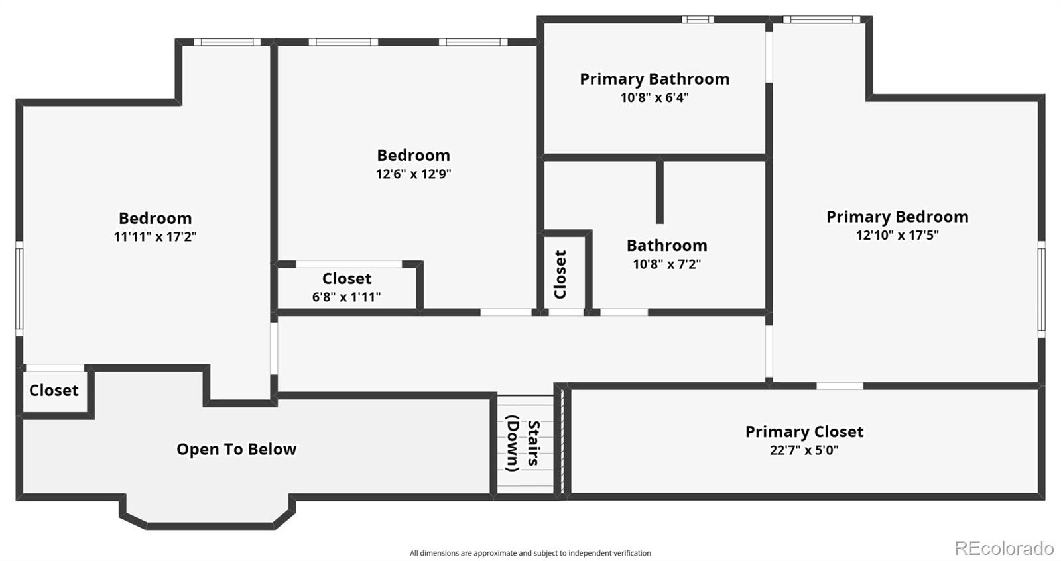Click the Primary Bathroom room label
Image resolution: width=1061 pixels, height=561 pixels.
point(655,79)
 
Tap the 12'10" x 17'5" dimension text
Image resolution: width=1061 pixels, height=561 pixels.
point(897,235)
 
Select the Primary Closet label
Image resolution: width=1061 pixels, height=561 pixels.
point(804,431)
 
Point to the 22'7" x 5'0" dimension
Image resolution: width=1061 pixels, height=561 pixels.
point(804,450)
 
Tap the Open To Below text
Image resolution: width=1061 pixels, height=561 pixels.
point(236,449)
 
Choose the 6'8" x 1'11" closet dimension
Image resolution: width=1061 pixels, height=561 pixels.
point(346,297)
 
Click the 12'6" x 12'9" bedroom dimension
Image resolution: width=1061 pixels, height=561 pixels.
point(414,174)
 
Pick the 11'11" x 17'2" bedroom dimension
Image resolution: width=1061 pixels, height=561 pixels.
point(155,236)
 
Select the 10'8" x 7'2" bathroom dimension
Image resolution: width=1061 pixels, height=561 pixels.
point(667,264)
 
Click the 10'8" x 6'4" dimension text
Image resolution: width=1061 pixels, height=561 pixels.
point(655,97)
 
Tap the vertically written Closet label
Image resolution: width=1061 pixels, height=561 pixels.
point(560,274)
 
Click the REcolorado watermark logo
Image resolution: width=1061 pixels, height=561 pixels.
point(1004,548)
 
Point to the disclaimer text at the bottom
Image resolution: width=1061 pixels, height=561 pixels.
point(530,553)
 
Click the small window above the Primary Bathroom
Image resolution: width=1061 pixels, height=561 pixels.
point(698,19)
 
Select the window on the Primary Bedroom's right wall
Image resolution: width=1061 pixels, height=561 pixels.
point(1042,289)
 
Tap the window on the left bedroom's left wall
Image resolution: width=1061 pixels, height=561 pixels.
point(19,289)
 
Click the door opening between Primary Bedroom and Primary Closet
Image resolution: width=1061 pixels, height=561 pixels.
point(840,386)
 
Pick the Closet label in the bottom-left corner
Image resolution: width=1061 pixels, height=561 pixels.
point(54,391)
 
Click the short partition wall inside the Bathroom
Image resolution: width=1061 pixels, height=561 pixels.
point(659,191)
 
